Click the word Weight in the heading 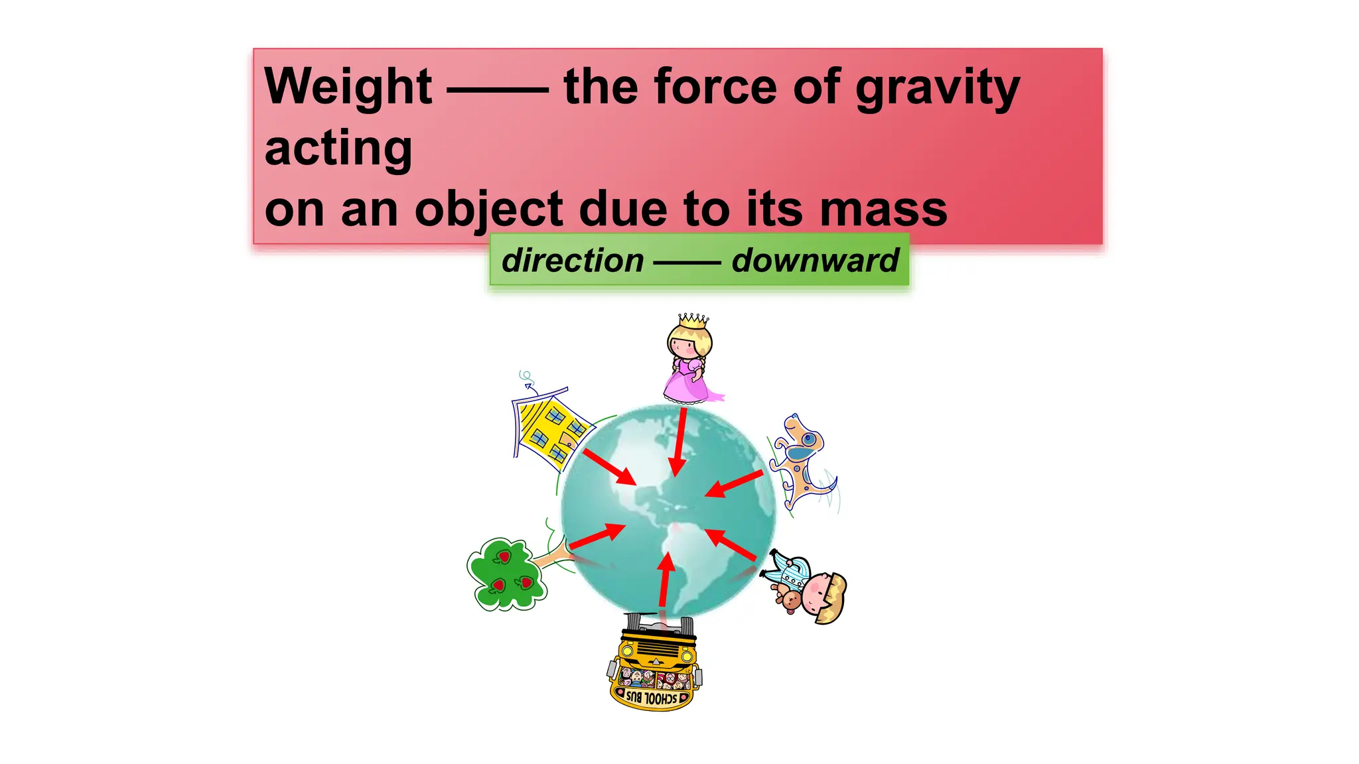point(348,87)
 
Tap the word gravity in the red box point(937,88)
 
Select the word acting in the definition point(338,148)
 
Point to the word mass point(883,209)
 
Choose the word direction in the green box point(573,260)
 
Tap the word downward point(815,260)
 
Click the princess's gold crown point(693,321)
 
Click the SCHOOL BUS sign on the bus point(652,698)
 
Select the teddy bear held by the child point(790,601)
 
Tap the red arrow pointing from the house point(610,468)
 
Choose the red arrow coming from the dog point(734,483)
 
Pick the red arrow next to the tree point(597,536)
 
